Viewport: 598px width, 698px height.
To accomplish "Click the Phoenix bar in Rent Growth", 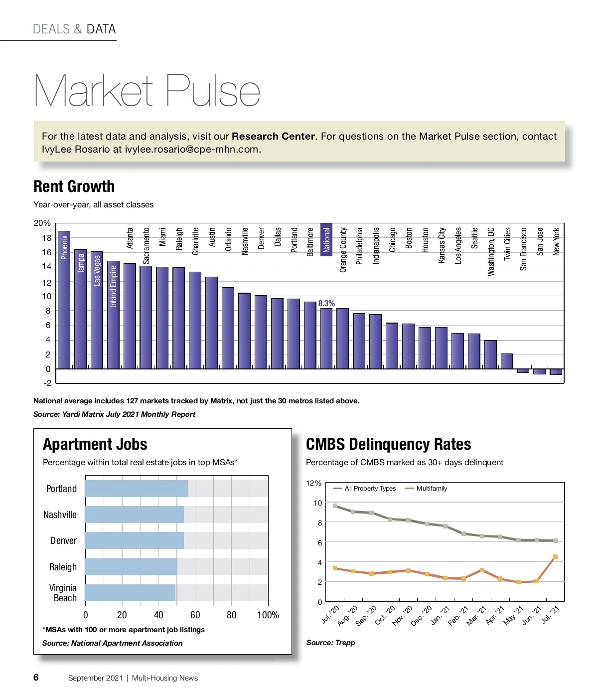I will (x=64, y=299).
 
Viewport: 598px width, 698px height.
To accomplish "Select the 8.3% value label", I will (x=326, y=303).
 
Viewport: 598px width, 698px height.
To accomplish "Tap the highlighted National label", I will (x=326, y=240).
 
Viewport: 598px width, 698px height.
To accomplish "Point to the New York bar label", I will (x=556, y=241).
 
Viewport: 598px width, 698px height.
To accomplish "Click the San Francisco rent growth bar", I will (x=523, y=371).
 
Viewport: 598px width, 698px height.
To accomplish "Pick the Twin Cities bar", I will (x=507, y=361).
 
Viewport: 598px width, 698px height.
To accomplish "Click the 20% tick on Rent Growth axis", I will (x=42, y=223).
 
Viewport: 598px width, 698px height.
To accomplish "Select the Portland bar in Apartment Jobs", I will (x=137, y=489).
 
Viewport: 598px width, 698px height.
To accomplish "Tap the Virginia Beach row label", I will (x=63, y=593).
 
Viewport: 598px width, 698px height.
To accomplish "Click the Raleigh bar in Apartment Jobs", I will (x=131, y=567).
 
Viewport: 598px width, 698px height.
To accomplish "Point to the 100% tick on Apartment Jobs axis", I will (x=268, y=615).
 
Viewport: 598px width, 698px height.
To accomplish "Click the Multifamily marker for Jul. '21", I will (x=555, y=557).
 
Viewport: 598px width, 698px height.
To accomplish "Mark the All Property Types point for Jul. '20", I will (x=335, y=506).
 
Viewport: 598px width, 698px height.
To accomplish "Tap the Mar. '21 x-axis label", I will (x=476, y=617).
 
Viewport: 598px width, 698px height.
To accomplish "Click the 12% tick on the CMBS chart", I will (x=313, y=483).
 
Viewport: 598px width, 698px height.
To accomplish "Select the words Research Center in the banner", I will (x=273, y=136).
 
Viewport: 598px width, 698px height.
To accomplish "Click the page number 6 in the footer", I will (x=36, y=677).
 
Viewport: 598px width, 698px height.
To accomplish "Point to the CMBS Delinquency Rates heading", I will (x=388, y=444).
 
